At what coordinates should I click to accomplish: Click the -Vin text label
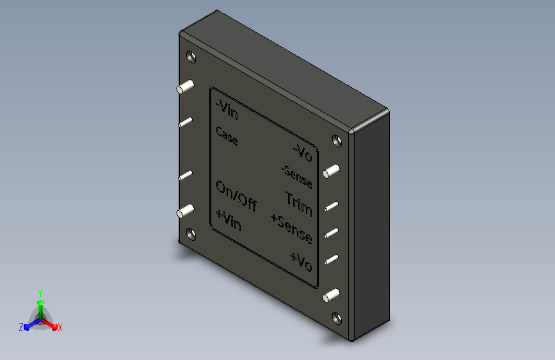pyautogui.click(x=227, y=110)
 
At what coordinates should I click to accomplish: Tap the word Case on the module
pyautogui.click(x=227, y=136)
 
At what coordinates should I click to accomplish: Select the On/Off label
pyautogui.click(x=236, y=196)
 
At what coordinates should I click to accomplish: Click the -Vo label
pyautogui.click(x=303, y=152)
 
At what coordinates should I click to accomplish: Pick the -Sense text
pyautogui.click(x=297, y=177)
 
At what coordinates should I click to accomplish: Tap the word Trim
pyautogui.click(x=299, y=204)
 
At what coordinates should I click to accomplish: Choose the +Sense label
pyautogui.click(x=292, y=229)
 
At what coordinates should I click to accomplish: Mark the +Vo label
pyautogui.click(x=302, y=261)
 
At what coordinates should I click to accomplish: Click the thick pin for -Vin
pyautogui.click(x=185, y=87)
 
